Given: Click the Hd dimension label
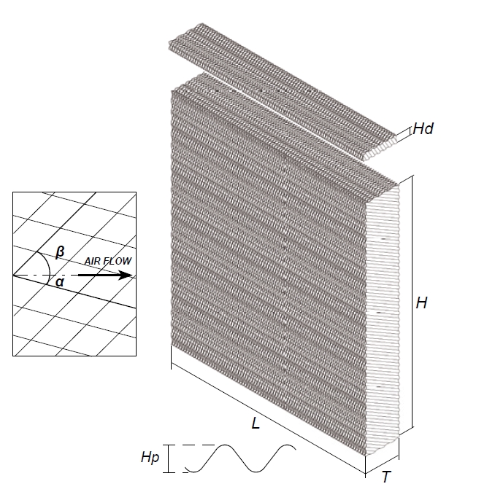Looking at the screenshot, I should click(423, 129).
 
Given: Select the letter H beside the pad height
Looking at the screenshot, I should click(421, 303).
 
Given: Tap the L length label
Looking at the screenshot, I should click(256, 423).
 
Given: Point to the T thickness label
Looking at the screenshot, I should click(385, 477).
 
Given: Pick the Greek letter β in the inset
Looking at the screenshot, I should click(61, 252).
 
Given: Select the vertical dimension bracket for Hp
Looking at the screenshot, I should click(169, 459).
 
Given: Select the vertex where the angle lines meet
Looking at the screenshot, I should click(14, 275).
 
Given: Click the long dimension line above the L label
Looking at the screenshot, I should click(263, 408).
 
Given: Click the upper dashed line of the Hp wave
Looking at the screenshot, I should click(193, 445).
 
